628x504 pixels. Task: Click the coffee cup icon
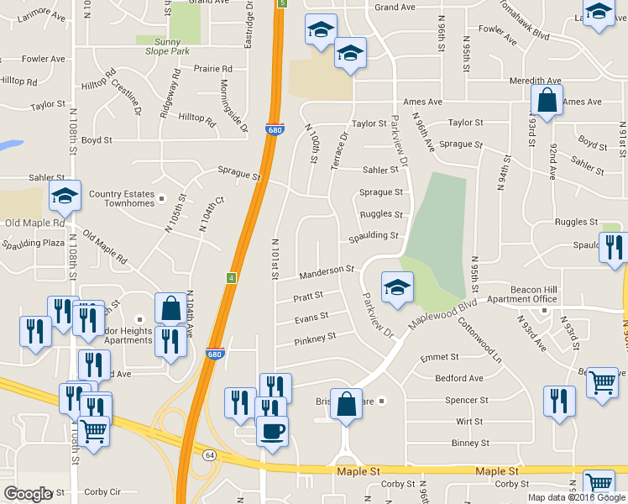[272, 432]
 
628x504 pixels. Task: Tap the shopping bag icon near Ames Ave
[547, 101]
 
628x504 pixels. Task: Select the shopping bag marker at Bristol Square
[346, 404]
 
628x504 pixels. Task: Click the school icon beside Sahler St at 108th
[65, 197]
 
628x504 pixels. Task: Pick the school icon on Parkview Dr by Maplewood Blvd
[396, 288]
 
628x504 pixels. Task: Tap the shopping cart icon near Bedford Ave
[603, 382]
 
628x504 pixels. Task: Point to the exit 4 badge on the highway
[232, 278]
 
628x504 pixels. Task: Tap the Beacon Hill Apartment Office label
[522, 293]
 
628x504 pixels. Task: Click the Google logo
[28, 494]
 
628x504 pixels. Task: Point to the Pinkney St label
[315, 337]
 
